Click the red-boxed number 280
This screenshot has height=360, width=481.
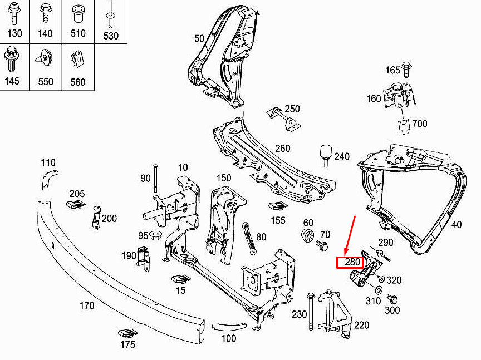pyautogui.click(x=352, y=262)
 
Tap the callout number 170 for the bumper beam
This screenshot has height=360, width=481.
pyautogui.click(x=87, y=305)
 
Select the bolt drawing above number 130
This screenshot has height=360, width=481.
pyautogui.click(x=14, y=13)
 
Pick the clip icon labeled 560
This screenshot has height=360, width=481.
pyautogui.click(x=77, y=59)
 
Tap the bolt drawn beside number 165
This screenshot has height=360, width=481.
pyautogui.click(x=406, y=70)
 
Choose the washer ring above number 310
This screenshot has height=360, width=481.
pyautogui.click(x=379, y=290)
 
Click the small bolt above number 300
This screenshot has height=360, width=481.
pyautogui.click(x=392, y=299)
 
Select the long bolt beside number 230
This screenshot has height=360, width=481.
pyautogui.click(x=311, y=312)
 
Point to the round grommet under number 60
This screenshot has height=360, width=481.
pyautogui.click(x=308, y=235)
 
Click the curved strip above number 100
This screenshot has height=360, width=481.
pyautogui.click(x=229, y=327)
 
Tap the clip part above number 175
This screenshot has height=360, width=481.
pyautogui.click(x=127, y=333)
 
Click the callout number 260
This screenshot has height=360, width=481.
pyautogui.click(x=282, y=149)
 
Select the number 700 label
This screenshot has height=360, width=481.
pyautogui.click(x=420, y=124)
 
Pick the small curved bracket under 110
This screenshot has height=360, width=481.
pyautogui.click(x=49, y=179)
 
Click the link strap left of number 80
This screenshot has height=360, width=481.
pyautogui.click(x=249, y=239)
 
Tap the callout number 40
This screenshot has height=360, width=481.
pyautogui.click(x=457, y=224)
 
